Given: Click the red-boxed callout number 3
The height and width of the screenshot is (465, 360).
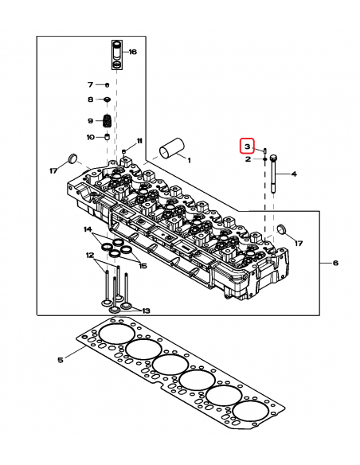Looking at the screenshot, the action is pos(248,147).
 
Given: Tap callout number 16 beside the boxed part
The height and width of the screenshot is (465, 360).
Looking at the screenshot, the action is pos(132,52).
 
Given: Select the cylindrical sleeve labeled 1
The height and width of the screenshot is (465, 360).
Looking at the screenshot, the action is pos(172,147).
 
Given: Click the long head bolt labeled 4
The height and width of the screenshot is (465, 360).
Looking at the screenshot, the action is pos(273,174).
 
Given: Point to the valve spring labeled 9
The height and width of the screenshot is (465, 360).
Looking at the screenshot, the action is pos(107,121).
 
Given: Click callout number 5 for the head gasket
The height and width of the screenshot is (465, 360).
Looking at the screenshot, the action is pos(61,360).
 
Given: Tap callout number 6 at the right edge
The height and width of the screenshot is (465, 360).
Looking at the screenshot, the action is pos(335,263).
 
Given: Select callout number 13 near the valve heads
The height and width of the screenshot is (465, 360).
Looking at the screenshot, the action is pos(147,311).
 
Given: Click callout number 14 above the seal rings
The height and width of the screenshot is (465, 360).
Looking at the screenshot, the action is pos(88,229).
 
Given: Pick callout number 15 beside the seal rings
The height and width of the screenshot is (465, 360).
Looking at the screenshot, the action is pos(143,266).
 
